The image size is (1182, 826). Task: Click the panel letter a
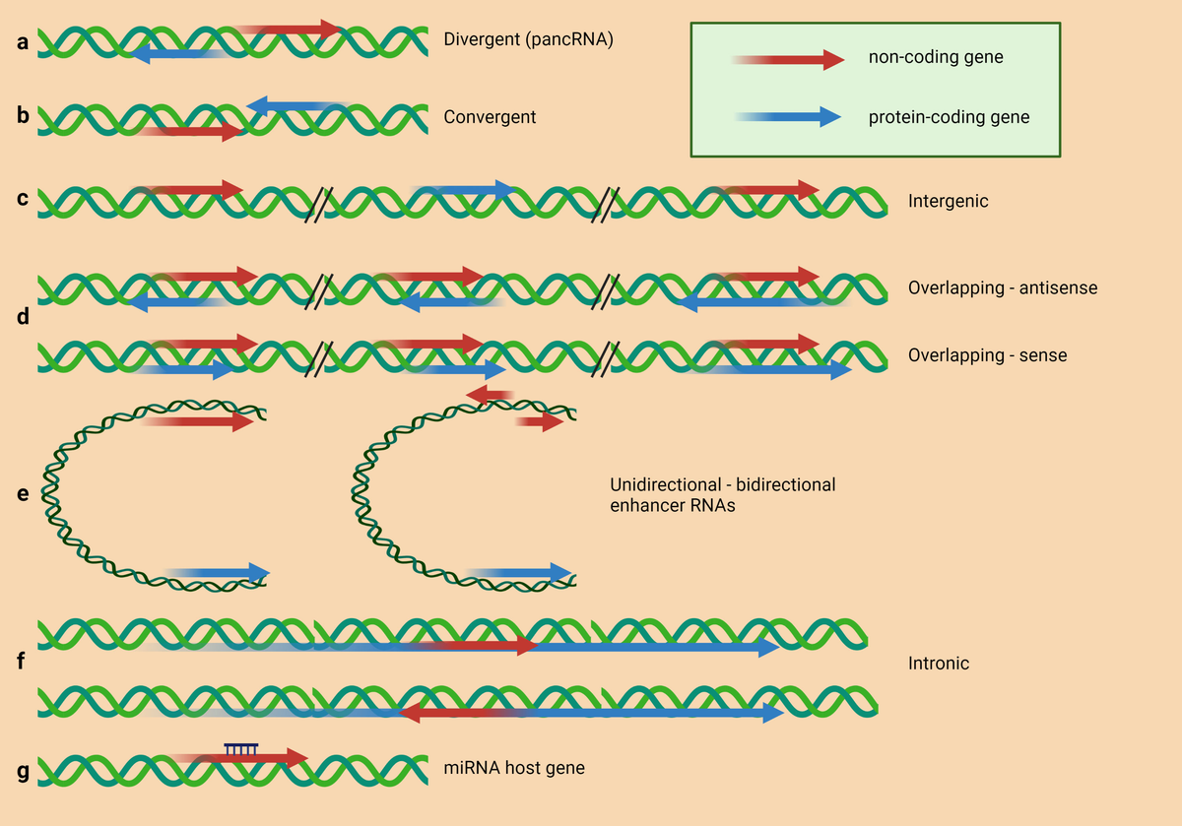coord(23,43)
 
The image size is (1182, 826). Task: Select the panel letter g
coord(23,769)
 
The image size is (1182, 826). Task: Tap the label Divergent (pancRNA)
coord(528,41)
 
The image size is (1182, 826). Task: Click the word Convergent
coord(490,117)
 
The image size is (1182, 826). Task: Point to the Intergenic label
coord(948,201)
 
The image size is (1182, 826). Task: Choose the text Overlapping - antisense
coord(1002,288)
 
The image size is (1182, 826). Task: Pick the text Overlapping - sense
coord(987,355)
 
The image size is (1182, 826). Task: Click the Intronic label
coord(938,664)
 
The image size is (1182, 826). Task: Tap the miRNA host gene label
coord(513,767)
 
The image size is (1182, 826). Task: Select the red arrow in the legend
coord(788,60)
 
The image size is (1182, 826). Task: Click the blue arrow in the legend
coord(788,117)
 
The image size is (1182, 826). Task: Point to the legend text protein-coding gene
coord(948,117)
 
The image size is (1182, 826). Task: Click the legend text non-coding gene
coord(935,57)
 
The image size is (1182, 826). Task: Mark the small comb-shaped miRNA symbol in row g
coord(241,749)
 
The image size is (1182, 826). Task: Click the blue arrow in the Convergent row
coord(295,105)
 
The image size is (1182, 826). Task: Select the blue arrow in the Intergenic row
coord(463,189)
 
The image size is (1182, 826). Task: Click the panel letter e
coord(23,493)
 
